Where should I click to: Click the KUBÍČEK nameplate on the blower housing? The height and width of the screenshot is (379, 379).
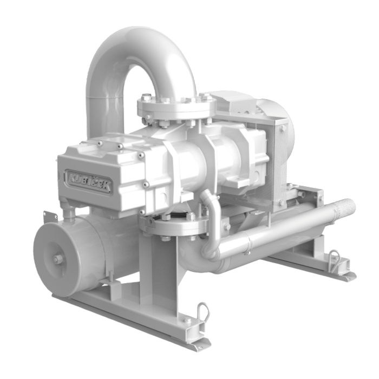click(x=89, y=181)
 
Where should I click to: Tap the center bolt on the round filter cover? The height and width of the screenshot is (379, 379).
click(x=57, y=259)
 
